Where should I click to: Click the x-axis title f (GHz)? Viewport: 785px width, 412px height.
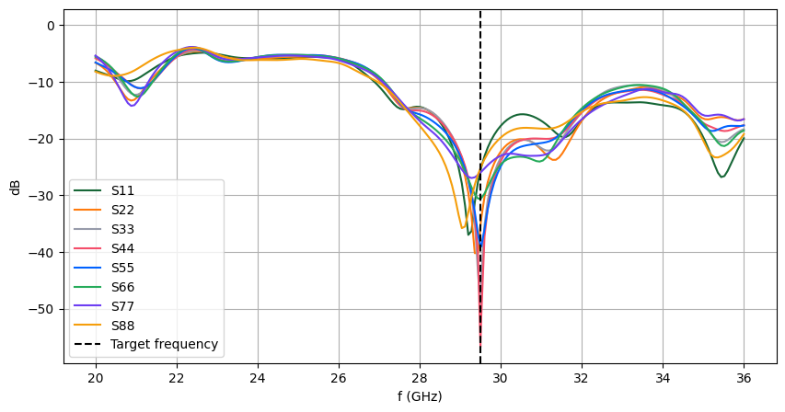pyautogui.click(x=420, y=396)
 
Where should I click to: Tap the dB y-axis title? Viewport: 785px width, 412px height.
pyautogui.click(x=15, y=187)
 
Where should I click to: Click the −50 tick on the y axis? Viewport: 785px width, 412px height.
pyautogui.click(x=40, y=309)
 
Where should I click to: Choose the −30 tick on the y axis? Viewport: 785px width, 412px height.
pyautogui.click(x=40, y=195)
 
